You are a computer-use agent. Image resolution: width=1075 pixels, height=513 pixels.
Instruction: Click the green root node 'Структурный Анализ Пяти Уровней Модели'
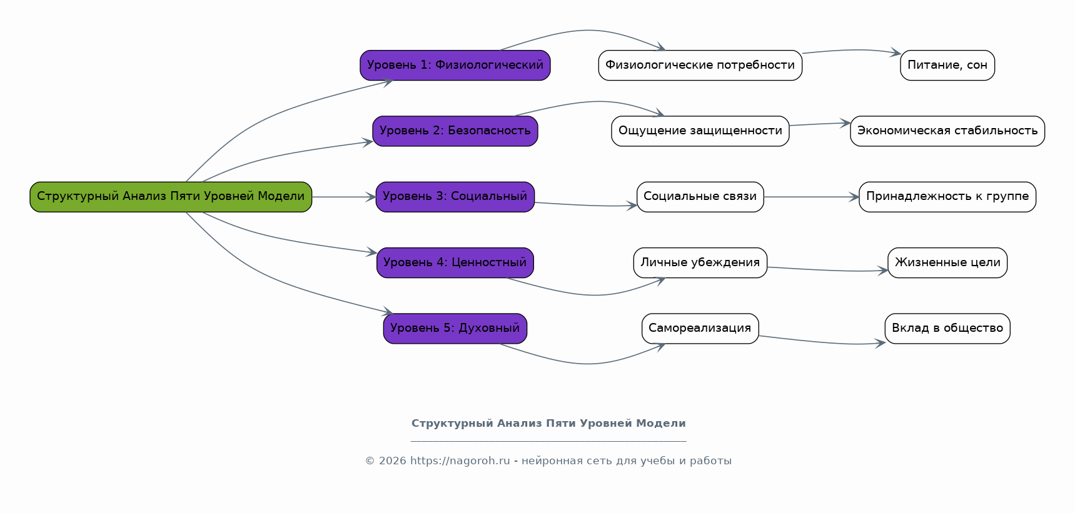[x=171, y=197]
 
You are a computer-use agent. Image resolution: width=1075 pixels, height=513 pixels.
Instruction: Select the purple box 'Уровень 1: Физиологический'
[x=455, y=65]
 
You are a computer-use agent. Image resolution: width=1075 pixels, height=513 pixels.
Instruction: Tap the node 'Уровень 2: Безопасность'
[x=455, y=131]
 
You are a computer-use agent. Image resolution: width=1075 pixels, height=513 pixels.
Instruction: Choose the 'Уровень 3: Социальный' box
[x=455, y=197]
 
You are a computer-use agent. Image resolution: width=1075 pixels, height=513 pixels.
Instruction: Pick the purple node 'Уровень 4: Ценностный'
[x=455, y=262]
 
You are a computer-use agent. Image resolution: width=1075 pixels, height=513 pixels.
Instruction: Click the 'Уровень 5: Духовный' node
[x=455, y=329]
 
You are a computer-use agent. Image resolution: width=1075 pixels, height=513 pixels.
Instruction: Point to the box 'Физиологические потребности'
[x=700, y=65]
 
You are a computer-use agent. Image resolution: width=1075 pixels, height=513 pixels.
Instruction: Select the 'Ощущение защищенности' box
[x=700, y=131]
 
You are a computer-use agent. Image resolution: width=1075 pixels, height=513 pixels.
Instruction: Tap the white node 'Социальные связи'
[x=700, y=197]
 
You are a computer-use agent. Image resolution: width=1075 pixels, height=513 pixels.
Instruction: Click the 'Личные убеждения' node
[x=700, y=262]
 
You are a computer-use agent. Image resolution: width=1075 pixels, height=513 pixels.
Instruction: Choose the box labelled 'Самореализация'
[x=700, y=329]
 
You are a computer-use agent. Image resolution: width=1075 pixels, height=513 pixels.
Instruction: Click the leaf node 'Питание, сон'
[x=947, y=65]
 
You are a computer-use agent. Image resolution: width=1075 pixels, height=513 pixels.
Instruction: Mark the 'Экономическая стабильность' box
[x=947, y=131]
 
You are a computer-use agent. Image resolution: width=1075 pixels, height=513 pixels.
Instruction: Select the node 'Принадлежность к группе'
[x=947, y=197]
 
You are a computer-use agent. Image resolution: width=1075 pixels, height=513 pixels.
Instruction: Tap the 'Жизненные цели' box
[x=947, y=262]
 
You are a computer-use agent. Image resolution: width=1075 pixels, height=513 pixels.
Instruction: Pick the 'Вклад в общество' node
[x=947, y=329]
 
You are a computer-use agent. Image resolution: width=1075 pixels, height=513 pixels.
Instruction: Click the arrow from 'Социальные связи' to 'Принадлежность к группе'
[x=811, y=197]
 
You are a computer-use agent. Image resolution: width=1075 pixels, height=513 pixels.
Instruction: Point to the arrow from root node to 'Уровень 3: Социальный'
[x=344, y=197]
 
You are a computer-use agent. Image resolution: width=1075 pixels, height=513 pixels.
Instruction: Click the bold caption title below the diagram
[x=548, y=424]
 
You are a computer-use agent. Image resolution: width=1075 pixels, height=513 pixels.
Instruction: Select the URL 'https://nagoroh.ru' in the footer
[x=460, y=461]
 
